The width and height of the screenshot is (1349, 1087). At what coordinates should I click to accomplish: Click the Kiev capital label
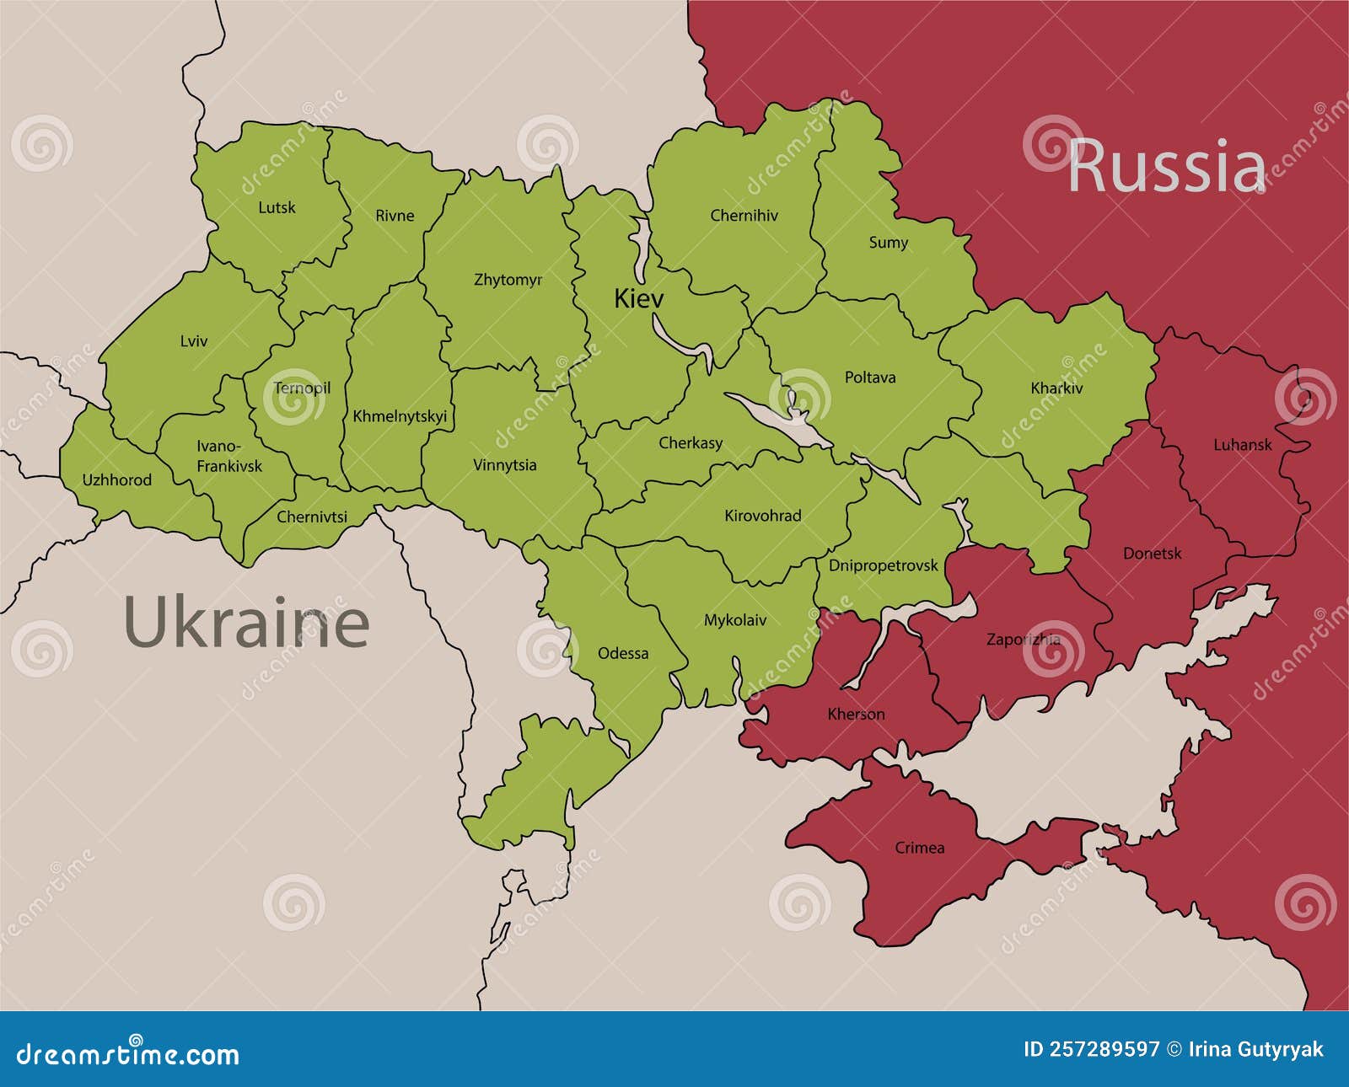638,298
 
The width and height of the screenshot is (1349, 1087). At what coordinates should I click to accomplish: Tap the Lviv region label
193,341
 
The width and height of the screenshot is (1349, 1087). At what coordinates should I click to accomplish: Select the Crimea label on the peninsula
919,848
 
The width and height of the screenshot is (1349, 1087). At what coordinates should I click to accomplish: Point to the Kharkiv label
1056,388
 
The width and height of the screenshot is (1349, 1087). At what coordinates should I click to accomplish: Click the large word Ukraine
246,623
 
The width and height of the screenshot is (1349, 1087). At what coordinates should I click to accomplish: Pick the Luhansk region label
1242,445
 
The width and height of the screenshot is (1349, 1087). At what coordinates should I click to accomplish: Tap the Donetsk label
1152,554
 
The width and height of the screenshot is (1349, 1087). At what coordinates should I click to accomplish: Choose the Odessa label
623,653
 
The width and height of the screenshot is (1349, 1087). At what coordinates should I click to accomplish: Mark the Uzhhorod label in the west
117,480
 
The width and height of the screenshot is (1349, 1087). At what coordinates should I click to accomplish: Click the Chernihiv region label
744,216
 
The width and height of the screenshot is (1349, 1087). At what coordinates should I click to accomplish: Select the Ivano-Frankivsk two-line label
228,456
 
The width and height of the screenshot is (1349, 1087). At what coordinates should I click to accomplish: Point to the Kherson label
856,715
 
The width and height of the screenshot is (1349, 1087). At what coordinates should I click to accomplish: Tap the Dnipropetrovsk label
883,565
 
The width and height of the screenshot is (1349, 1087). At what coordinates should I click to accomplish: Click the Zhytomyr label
508,280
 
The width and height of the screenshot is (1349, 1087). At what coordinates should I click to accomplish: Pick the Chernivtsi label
312,517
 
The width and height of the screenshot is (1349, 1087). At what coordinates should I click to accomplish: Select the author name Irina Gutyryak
1255,1049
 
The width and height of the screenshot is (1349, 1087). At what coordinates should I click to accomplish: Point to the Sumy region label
889,243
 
